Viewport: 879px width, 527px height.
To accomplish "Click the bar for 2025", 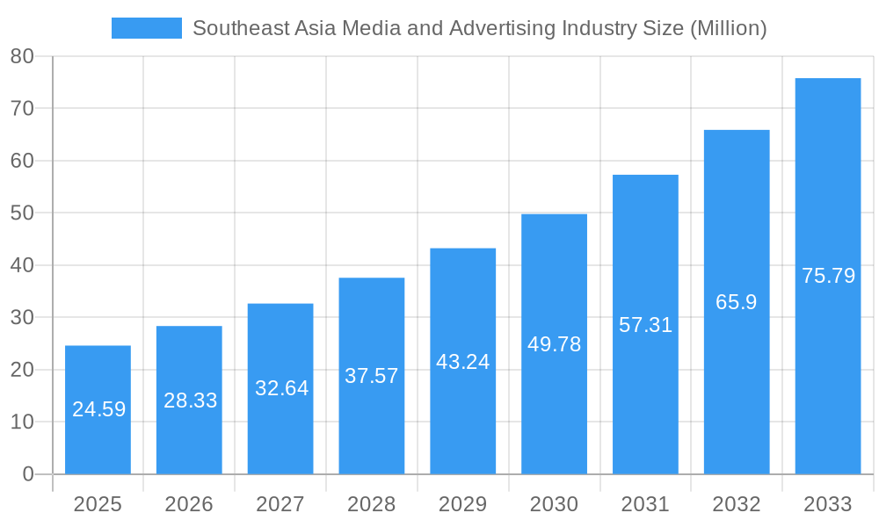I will click(x=98, y=409).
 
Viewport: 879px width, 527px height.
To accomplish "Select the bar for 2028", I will click(x=372, y=376).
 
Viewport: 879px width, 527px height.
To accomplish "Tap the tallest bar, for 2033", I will click(x=828, y=276).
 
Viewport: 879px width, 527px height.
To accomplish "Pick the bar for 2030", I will click(x=554, y=343).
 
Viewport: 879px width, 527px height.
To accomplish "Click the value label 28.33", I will click(x=190, y=401).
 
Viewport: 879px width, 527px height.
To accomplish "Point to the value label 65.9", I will click(x=737, y=302).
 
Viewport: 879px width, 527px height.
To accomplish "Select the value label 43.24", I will click(x=462, y=362).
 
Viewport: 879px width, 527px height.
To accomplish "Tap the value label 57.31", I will click(x=645, y=325).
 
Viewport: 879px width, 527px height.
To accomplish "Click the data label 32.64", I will click(x=281, y=388).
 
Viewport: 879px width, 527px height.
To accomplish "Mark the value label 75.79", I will click(x=828, y=276).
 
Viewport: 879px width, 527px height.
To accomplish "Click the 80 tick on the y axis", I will click(x=22, y=56).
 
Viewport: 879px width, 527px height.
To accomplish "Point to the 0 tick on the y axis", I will click(x=27, y=474).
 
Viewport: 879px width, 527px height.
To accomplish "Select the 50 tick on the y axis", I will click(x=22, y=213).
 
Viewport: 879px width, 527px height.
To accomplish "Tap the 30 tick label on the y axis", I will click(x=22, y=318).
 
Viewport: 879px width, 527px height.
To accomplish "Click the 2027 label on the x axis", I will click(x=280, y=504).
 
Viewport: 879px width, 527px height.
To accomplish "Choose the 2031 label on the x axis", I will click(x=645, y=504).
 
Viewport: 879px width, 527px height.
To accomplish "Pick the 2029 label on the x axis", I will click(x=462, y=504).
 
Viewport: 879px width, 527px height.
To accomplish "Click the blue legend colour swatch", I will click(x=146, y=28).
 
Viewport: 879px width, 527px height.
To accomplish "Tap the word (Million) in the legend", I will click(x=728, y=28).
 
